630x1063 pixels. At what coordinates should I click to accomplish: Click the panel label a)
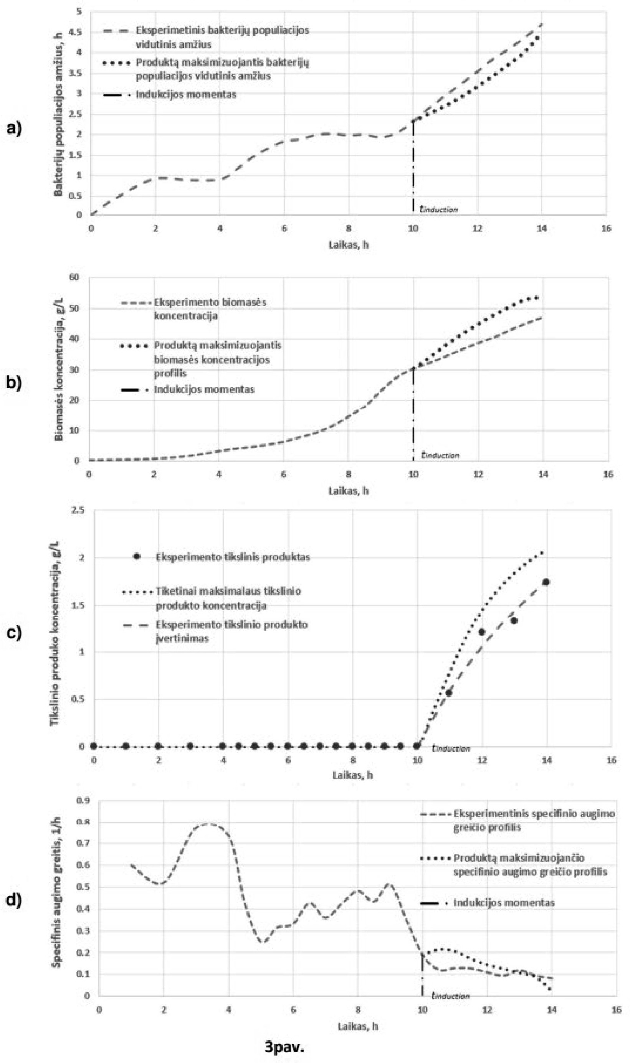click(13, 128)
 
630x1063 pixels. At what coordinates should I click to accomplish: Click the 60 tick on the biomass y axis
click(75, 277)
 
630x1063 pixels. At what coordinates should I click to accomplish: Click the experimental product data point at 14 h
click(546, 582)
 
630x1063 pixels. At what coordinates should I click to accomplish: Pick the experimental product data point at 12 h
click(481, 631)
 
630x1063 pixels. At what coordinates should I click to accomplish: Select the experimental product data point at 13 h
click(514, 621)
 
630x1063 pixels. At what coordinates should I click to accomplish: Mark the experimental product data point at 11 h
click(449, 693)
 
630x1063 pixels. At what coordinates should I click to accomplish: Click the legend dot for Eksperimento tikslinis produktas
click(137, 557)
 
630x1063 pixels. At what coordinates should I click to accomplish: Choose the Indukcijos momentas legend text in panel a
click(185, 94)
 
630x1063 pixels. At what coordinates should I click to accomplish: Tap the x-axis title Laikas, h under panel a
click(348, 245)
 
